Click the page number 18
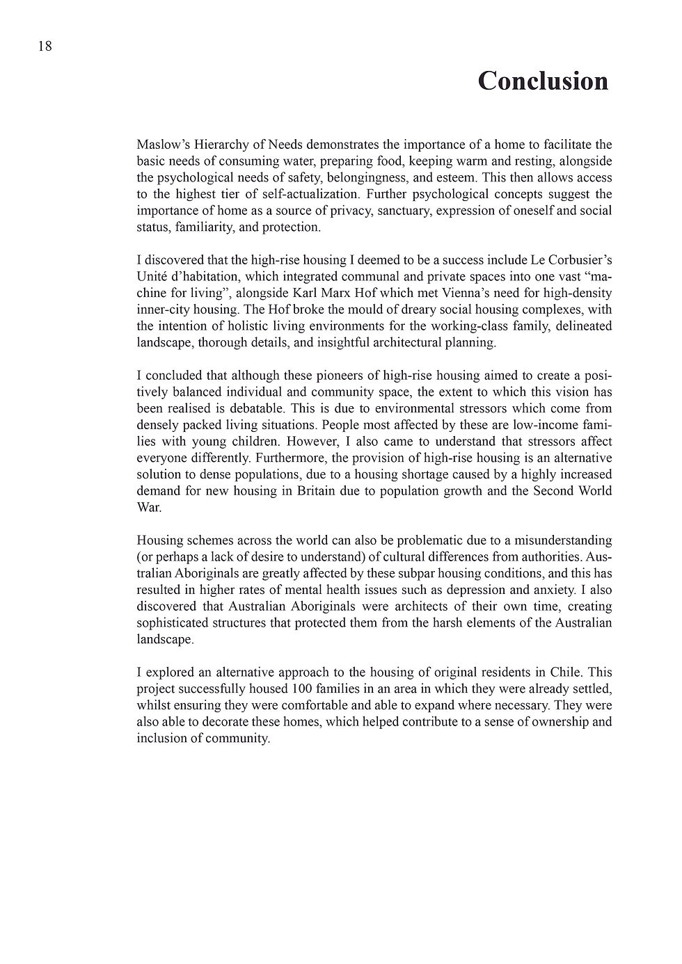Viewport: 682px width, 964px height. (x=45, y=47)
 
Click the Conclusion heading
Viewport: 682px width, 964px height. (x=543, y=81)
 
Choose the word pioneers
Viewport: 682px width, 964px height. (x=301, y=376)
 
